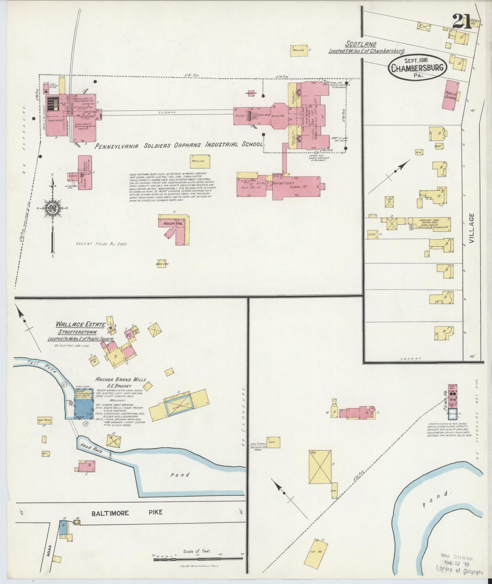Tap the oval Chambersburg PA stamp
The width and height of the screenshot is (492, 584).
(418, 67)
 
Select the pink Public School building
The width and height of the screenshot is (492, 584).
(451, 96)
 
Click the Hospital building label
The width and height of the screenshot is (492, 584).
(173, 223)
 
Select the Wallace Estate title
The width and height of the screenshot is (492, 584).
(81, 325)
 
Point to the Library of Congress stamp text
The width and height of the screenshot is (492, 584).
(460, 572)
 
